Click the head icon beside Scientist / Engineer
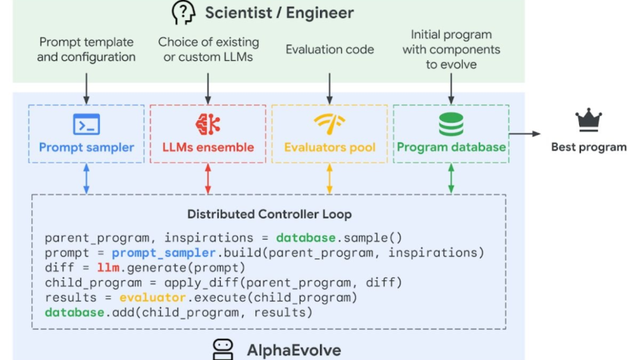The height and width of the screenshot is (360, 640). pyautogui.click(x=183, y=12)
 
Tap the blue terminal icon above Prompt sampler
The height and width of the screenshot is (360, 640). pyautogui.click(x=87, y=124)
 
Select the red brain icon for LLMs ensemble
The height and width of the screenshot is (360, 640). pyautogui.click(x=208, y=124)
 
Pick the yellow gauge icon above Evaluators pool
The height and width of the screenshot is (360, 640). pyautogui.click(x=329, y=123)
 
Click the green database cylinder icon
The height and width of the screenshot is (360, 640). pyautogui.click(x=451, y=124)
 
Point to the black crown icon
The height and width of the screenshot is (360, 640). pyautogui.click(x=588, y=120)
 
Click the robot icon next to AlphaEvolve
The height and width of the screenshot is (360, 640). pyautogui.click(x=223, y=349)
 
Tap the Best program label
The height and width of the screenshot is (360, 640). pyautogui.click(x=588, y=147)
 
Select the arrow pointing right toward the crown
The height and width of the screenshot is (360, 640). pyautogui.click(x=525, y=134)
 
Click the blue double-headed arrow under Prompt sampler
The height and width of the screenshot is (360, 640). pyautogui.click(x=87, y=178)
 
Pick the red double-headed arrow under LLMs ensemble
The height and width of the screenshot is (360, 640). pyautogui.click(x=208, y=178)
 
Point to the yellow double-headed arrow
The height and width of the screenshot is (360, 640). pyautogui.click(x=329, y=178)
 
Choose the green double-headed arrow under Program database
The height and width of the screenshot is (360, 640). pyautogui.click(x=451, y=178)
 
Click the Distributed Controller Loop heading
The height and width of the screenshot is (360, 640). pyautogui.click(x=269, y=214)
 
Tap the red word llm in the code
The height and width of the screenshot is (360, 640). pyautogui.click(x=108, y=268)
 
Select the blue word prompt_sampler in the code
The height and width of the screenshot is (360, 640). pyautogui.click(x=164, y=253)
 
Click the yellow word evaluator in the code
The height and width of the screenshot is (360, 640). pyautogui.click(x=153, y=298)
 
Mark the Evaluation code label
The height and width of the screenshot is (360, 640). pyautogui.click(x=330, y=49)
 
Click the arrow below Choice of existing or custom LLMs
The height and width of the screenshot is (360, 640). pyautogui.click(x=208, y=88)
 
